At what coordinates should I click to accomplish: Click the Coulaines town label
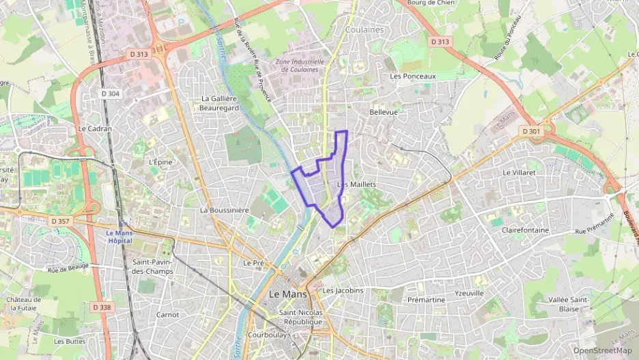[365, 30]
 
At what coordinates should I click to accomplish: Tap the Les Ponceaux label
[412, 77]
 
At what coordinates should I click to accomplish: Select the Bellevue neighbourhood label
[383, 111]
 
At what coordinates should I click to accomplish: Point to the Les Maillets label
[357, 184]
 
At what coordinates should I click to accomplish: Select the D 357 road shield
[61, 221]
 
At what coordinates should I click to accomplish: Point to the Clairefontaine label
[525, 230]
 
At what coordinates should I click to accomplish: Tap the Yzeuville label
[469, 293]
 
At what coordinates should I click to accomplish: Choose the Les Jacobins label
[343, 290]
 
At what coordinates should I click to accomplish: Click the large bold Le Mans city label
[287, 294]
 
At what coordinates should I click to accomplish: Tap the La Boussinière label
[224, 210]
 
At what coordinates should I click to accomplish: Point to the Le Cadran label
[94, 128]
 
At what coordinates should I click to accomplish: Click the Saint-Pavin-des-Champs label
[153, 266]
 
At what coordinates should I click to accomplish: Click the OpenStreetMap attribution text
[602, 350]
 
